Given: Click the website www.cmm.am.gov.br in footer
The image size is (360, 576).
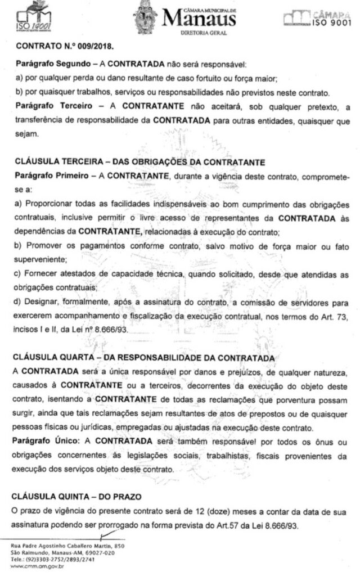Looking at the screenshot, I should click(39, 566).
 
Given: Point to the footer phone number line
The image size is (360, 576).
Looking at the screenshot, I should click(51, 560).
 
